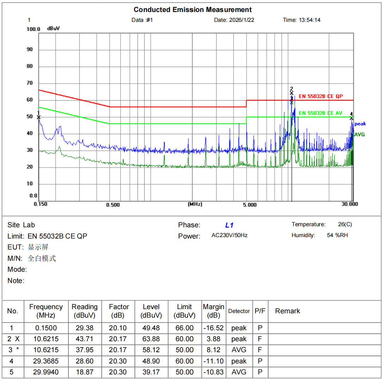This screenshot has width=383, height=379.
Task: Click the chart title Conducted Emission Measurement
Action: click(193, 10)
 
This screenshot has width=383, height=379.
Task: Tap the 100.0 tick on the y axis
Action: click(34, 29)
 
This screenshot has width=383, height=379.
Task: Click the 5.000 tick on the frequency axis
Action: click(250, 205)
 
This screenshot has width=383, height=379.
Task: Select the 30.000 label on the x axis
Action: click(349, 204)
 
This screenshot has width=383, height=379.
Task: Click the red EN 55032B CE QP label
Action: click(321, 96)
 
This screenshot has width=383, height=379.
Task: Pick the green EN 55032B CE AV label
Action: click(320, 113)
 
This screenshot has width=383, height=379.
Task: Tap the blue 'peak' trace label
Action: click(360, 124)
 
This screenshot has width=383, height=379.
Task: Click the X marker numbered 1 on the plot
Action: click(39, 117)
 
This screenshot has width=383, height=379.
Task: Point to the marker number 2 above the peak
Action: click(291, 89)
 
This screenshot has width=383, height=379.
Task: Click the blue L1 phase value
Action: click(229, 225)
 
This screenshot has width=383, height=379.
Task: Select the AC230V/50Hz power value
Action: click(229, 235)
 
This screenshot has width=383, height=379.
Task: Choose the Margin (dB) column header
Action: click(214, 311)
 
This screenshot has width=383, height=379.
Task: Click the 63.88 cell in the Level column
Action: click(151, 339)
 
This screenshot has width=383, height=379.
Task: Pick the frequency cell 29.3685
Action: click(46, 361)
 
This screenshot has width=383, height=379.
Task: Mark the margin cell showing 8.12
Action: click(214, 350)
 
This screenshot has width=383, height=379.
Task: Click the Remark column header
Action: click(287, 311)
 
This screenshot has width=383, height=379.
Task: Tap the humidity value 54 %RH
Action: click(337, 235)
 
